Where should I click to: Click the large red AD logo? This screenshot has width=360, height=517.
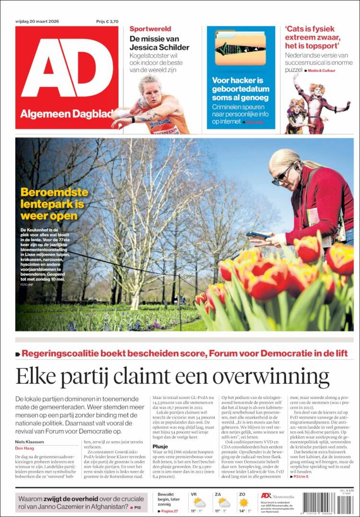pyautogui.click(x=67, y=67)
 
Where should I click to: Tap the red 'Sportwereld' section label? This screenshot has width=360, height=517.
pyautogui.click(x=150, y=29)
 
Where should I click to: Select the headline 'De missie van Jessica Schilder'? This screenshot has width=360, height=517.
pyautogui.click(x=159, y=43)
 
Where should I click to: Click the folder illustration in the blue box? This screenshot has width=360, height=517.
pyautogui.click(x=240, y=48)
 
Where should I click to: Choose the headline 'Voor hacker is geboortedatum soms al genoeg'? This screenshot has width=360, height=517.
pyautogui.click(x=238, y=89)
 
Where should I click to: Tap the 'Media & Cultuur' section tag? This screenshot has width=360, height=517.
pyautogui.click(x=322, y=70)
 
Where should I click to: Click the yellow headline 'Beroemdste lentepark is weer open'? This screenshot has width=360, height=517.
pyautogui.click(x=54, y=204)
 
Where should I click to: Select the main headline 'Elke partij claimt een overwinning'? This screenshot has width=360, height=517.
pyautogui.click(x=172, y=376)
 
